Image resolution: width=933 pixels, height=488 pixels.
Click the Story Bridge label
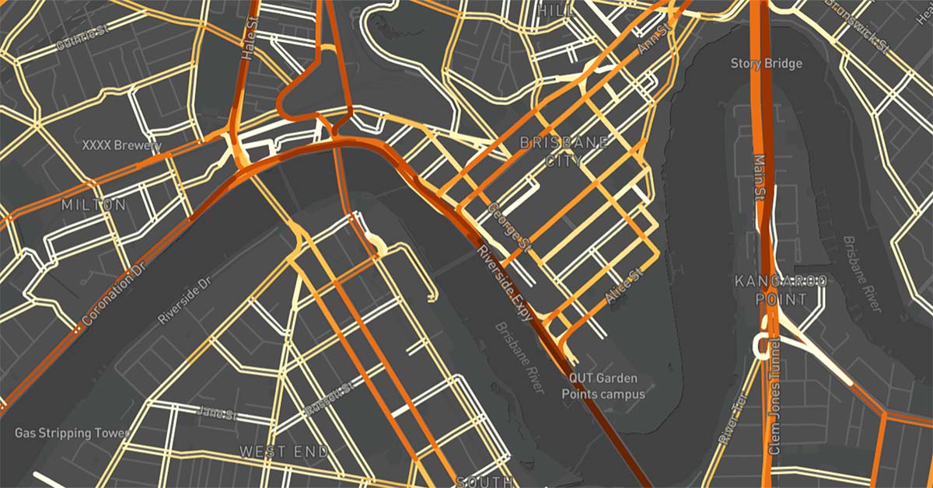[x=766, y=63]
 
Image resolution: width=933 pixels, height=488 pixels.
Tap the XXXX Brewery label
[x=122, y=145]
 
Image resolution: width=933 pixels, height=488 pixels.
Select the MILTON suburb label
[x=93, y=205]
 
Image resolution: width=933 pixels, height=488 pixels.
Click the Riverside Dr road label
[x=184, y=298]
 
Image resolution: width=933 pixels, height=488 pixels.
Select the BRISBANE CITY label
[x=553, y=152]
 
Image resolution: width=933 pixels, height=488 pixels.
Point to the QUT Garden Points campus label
[x=603, y=386]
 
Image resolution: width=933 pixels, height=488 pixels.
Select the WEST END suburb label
[x=284, y=451]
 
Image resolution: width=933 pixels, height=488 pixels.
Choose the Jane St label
[x=217, y=411]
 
